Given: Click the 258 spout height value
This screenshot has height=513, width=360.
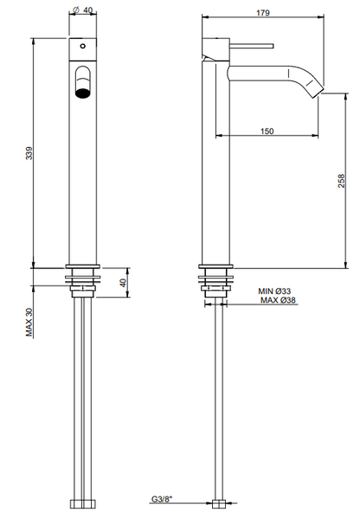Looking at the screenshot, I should (342, 180).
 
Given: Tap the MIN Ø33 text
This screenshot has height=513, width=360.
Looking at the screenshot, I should (278, 292).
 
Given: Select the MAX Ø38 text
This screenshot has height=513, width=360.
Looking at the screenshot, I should (278, 301).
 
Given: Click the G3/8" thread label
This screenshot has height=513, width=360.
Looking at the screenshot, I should (162, 499).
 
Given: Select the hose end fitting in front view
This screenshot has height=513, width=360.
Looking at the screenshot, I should (83, 501).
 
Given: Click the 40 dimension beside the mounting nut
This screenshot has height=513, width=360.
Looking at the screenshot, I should (122, 281).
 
